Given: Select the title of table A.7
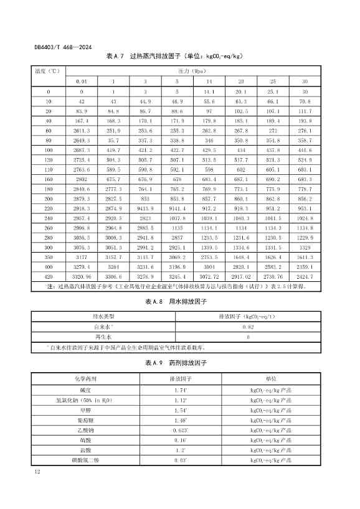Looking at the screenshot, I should (x=174, y=55).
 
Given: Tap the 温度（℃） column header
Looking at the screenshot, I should (x=49, y=70).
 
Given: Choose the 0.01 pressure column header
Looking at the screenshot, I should (x=82, y=81).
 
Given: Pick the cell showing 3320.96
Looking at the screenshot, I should (x=82, y=275).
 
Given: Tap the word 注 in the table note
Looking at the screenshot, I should (x=51, y=286).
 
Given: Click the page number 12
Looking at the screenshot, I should (x=38, y=474).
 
